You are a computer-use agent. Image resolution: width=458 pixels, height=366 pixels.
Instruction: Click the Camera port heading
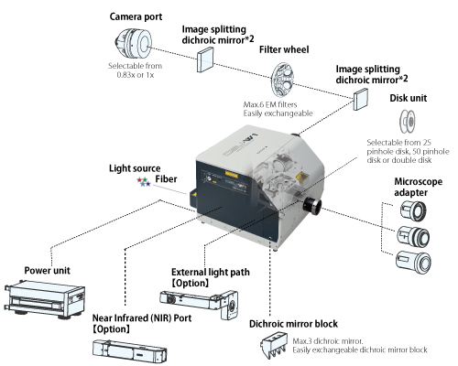[138, 17]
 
